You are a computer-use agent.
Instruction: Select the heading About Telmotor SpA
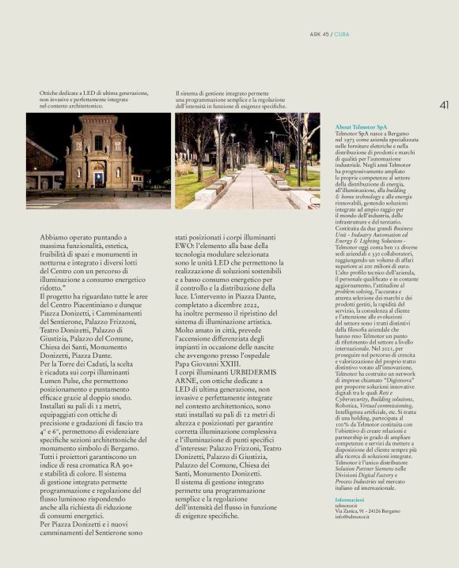[x=361, y=127]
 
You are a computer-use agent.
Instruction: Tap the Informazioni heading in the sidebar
[x=349, y=500]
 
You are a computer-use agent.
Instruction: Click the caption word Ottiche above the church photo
[x=49, y=93]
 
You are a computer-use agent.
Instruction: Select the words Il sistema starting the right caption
[x=187, y=93]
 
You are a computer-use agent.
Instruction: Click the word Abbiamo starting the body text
[x=55, y=235]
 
